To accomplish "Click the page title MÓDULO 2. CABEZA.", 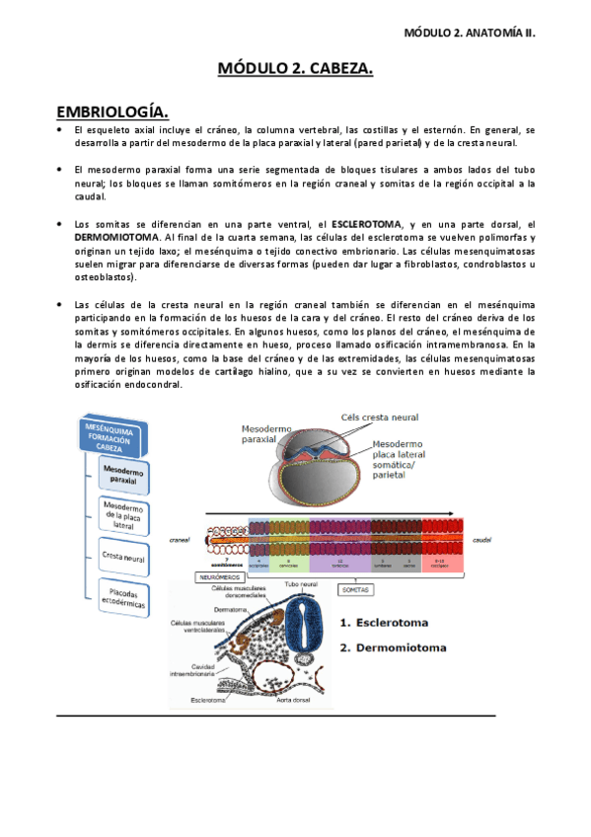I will coord(295,68).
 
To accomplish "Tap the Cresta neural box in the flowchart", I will coord(124,558).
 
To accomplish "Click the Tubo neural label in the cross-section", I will coord(301,585).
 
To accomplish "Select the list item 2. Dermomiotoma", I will coord(393,648).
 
